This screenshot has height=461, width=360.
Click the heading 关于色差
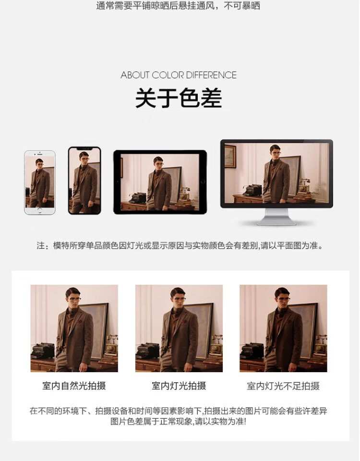(x=179, y=98)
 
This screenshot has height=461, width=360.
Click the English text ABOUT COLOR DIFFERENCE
(x=179, y=75)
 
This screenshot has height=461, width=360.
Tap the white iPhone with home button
(x=40, y=182)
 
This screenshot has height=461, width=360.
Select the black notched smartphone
(x=84, y=181)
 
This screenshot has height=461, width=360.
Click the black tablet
(x=160, y=182)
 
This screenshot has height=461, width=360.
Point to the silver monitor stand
(x=276, y=217)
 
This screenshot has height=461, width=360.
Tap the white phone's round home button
(x=40, y=210)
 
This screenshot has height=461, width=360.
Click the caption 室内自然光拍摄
(x=74, y=386)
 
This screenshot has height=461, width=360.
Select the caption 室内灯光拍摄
(x=179, y=386)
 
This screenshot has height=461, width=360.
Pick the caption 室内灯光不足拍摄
(x=283, y=386)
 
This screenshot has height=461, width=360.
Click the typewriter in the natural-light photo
(x=43, y=351)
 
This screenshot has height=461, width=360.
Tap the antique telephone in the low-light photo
(x=320, y=345)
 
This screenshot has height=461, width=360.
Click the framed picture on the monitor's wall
(x=230, y=157)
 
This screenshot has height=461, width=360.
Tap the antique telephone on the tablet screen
(x=184, y=194)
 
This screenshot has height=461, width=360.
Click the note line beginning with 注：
(x=180, y=245)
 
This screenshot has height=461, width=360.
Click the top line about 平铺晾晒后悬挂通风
(x=178, y=6)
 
